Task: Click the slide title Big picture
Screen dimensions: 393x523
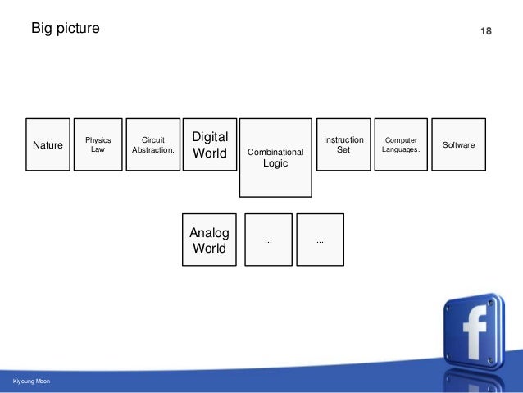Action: (x=65, y=29)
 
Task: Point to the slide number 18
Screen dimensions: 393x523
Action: (x=485, y=31)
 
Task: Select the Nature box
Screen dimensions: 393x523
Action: (x=48, y=144)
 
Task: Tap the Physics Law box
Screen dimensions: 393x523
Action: (x=98, y=144)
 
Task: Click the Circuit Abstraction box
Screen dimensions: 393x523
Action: (x=153, y=144)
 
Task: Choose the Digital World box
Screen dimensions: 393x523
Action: (x=209, y=144)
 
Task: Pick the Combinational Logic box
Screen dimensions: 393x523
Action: (x=275, y=158)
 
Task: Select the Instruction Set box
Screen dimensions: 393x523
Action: (x=343, y=144)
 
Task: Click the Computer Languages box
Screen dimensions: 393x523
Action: (x=401, y=144)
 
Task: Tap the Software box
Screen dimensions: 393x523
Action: (x=458, y=144)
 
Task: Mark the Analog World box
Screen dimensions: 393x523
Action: (x=209, y=240)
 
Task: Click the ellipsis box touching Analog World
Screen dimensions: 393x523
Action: (x=268, y=240)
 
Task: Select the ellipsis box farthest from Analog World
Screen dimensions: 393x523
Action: (x=320, y=240)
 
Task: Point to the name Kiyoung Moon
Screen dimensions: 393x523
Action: (x=32, y=382)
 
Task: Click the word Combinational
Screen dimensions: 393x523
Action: (x=275, y=152)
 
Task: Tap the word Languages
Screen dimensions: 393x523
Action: (x=401, y=149)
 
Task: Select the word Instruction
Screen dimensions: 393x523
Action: (x=343, y=139)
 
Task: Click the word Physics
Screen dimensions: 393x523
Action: (x=98, y=139)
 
